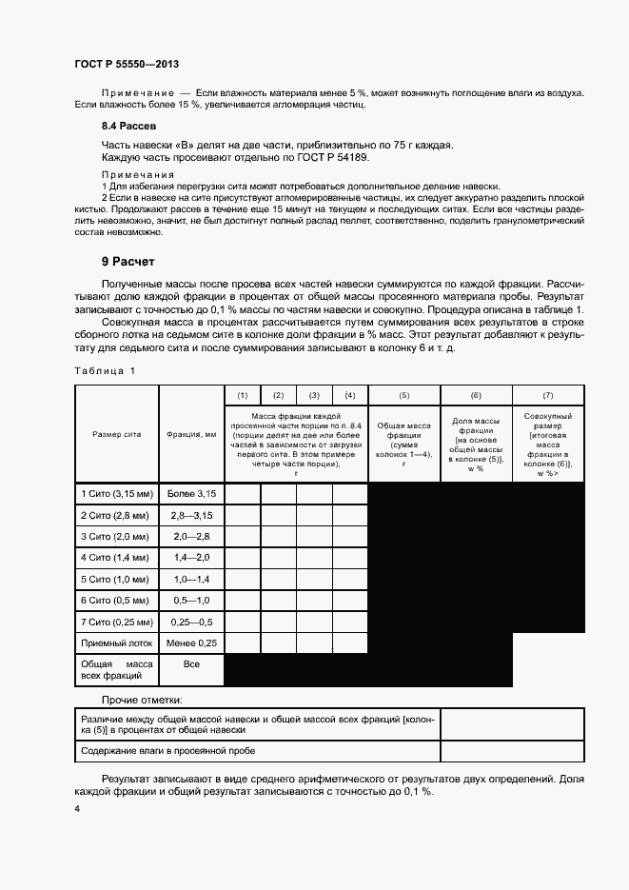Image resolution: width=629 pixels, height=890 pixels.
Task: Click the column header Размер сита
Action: (116, 433)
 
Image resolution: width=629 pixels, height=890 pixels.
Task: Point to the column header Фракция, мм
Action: (192, 433)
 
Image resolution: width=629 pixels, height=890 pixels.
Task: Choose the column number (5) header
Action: (403, 395)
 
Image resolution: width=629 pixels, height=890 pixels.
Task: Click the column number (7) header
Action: (547, 395)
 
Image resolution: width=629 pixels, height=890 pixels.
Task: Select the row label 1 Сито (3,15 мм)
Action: (117, 493)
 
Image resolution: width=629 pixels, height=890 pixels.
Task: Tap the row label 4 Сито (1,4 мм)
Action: (116, 557)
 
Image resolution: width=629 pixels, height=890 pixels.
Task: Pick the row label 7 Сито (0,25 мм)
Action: (117, 622)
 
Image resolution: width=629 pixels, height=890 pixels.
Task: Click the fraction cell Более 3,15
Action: (192, 493)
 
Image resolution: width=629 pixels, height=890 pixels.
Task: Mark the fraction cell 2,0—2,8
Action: (192, 536)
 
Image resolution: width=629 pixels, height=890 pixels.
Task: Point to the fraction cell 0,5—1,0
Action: (192, 601)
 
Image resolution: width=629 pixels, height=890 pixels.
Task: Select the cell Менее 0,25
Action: (192, 643)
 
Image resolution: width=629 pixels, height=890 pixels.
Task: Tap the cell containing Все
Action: (192, 663)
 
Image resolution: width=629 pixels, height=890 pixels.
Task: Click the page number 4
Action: (77, 809)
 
